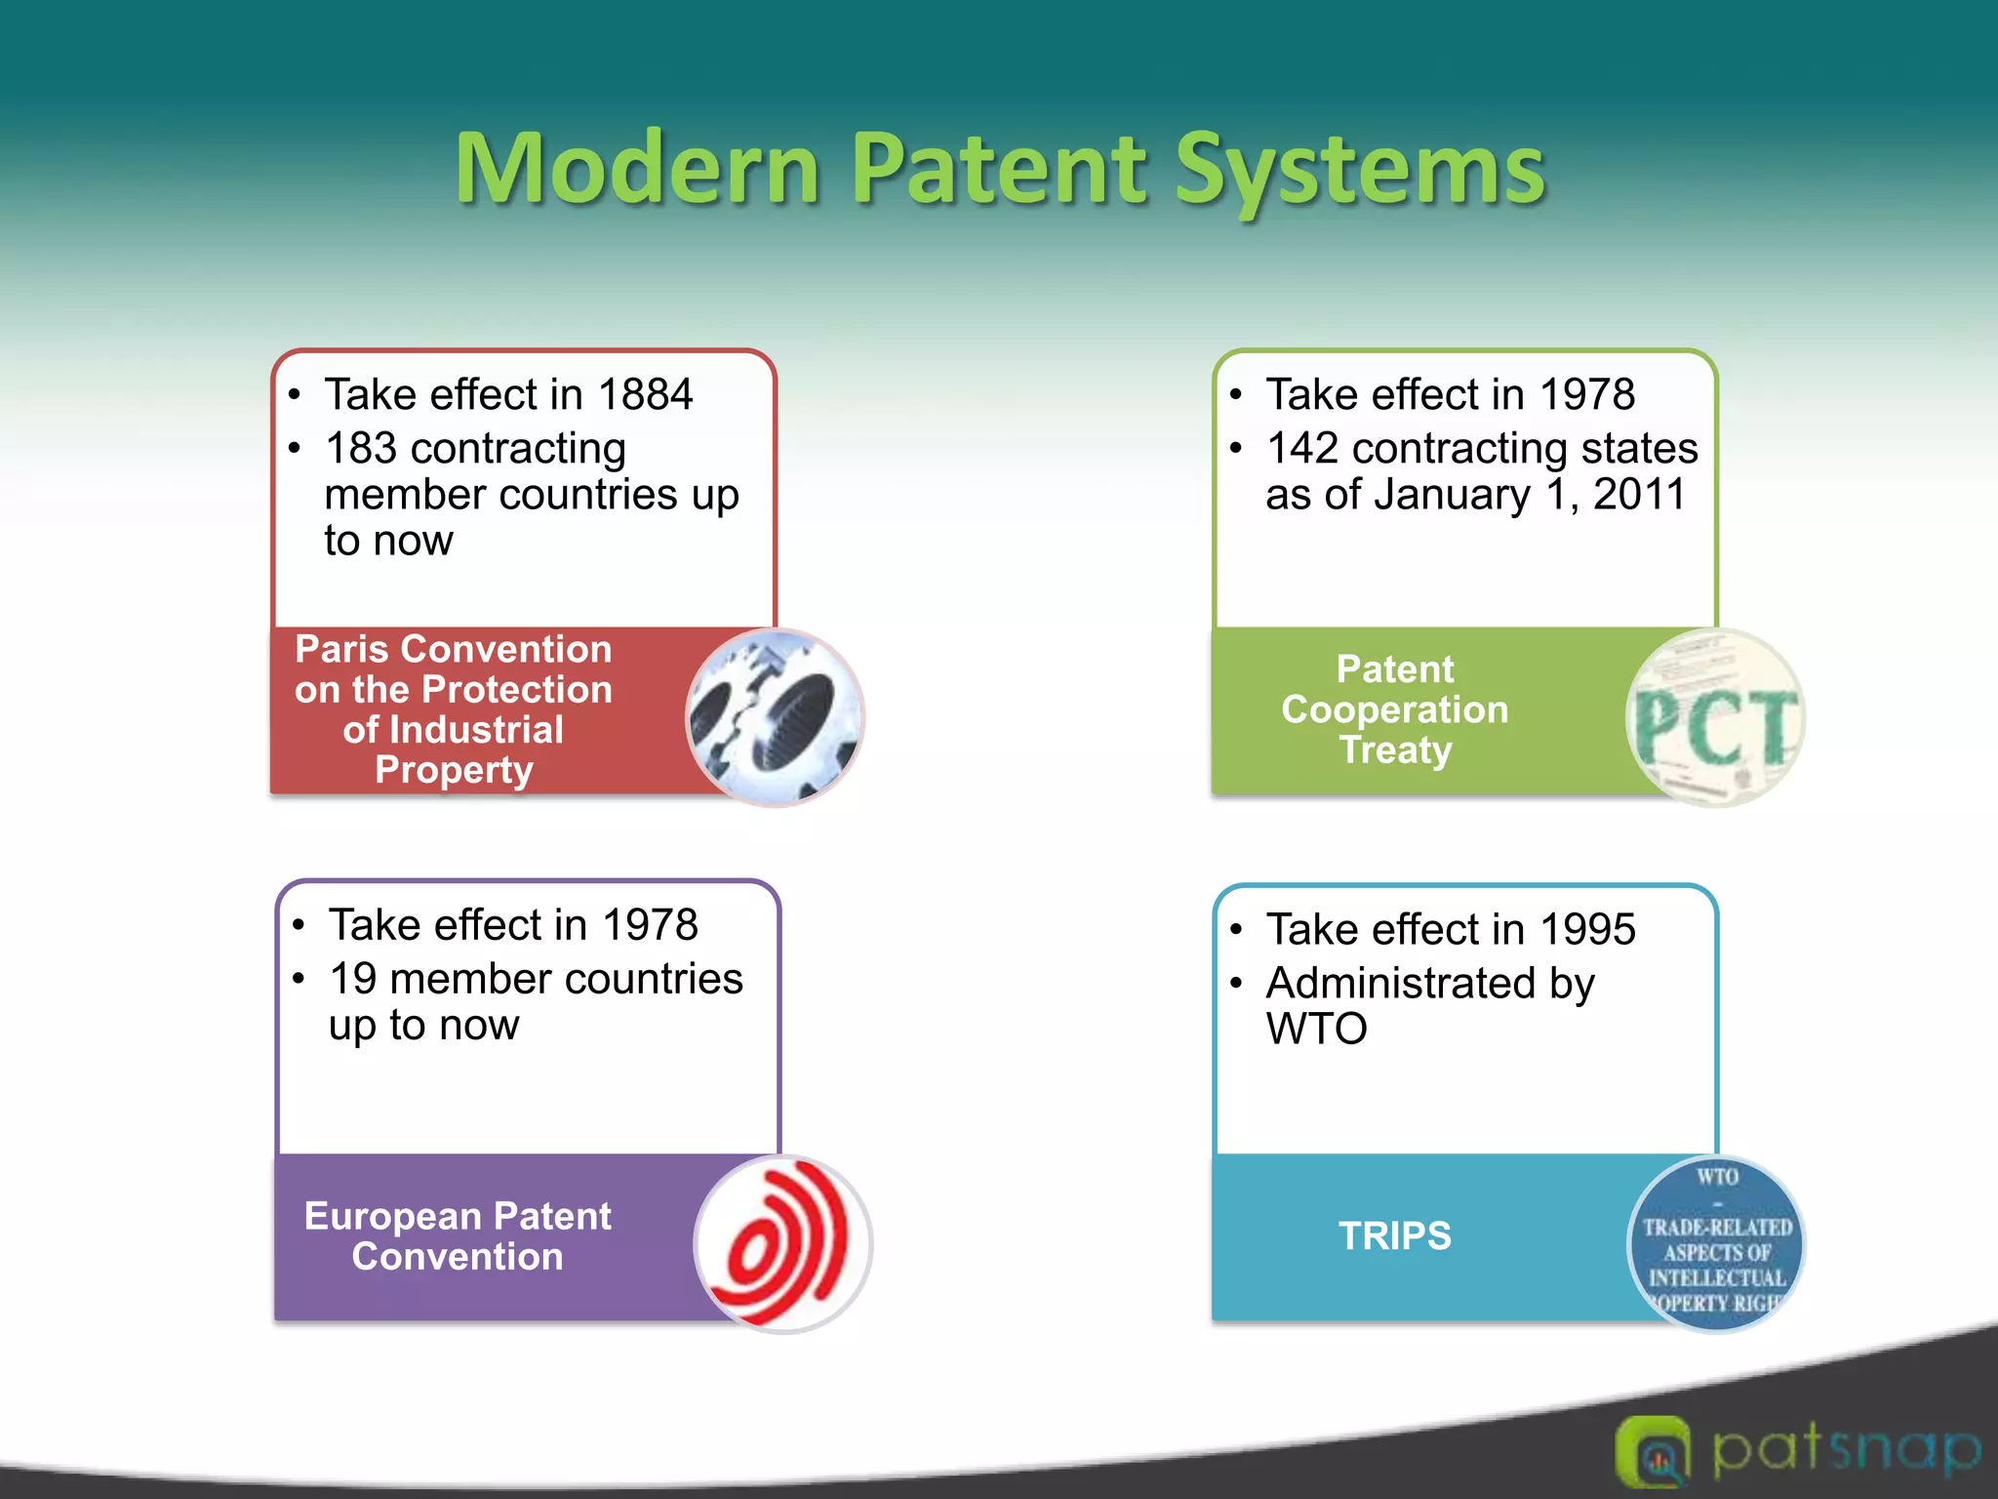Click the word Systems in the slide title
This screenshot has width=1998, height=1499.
(x=1360, y=172)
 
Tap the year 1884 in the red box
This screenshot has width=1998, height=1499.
(x=645, y=395)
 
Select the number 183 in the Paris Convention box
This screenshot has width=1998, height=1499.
(x=360, y=449)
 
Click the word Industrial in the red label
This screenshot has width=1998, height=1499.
(x=453, y=730)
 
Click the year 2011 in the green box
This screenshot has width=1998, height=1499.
(x=1639, y=495)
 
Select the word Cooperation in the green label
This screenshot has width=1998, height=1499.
(x=1394, y=709)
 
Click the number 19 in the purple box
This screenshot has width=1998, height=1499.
(x=352, y=979)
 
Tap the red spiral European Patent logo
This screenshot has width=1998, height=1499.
(x=783, y=1243)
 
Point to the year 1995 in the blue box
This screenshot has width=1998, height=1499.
(x=1587, y=929)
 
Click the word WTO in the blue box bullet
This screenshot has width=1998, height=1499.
(x=1316, y=1029)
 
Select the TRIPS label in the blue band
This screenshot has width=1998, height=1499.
(x=1394, y=1236)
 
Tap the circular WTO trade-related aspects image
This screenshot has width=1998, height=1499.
(x=1716, y=1243)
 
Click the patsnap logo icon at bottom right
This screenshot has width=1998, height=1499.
(x=1652, y=1452)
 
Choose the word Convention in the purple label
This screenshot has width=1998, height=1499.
(x=457, y=1257)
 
